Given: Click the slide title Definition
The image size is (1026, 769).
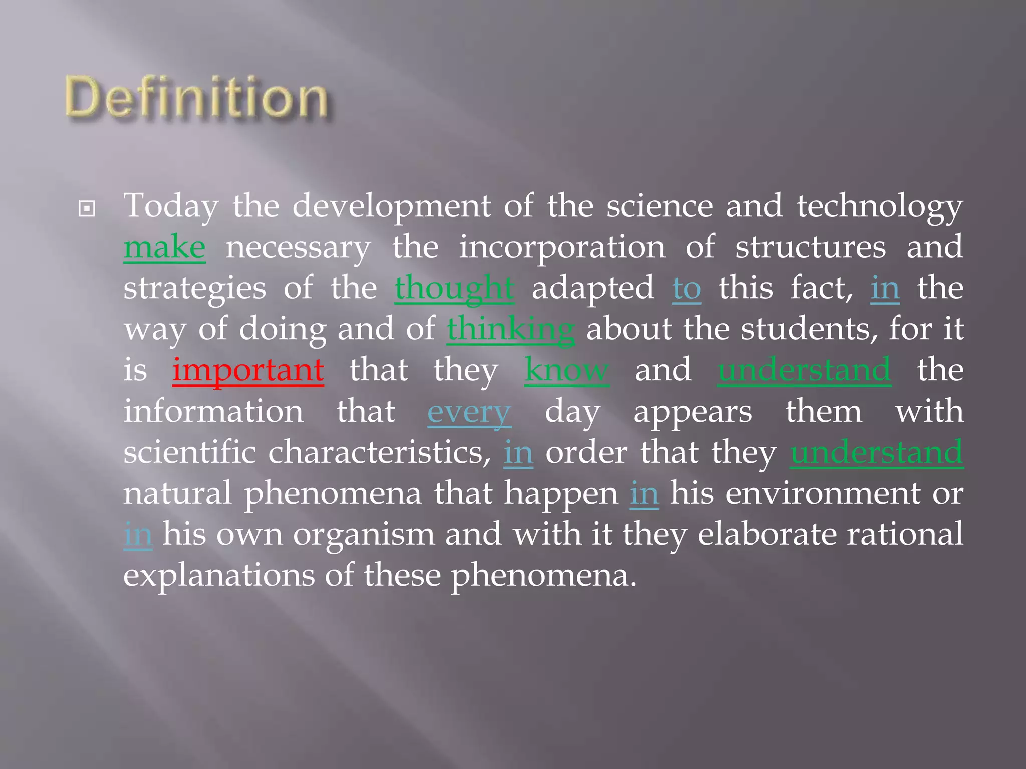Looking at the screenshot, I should [x=196, y=98].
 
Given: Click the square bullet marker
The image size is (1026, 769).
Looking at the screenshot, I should [x=87, y=208].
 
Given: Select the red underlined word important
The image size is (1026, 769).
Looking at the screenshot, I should [x=248, y=370].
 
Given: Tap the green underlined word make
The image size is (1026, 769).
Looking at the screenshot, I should [x=164, y=247].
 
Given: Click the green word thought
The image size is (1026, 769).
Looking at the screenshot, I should [x=454, y=289].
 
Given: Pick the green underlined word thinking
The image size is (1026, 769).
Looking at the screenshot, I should [x=510, y=330].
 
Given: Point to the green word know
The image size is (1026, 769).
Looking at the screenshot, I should [x=567, y=370].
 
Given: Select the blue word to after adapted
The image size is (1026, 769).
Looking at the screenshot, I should [x=686, y=289].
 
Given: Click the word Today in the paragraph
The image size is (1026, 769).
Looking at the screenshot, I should [x=171, y=206].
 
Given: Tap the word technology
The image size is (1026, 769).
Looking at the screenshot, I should [x=880, y=206].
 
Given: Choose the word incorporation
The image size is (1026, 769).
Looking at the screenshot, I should [x=562, y=247].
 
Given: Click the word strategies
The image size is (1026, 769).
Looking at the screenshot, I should [x=195, y=289].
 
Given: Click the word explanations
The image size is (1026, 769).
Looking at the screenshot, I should [x=219, y=576].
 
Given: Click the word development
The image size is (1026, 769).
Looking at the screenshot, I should [x=391, y=206].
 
